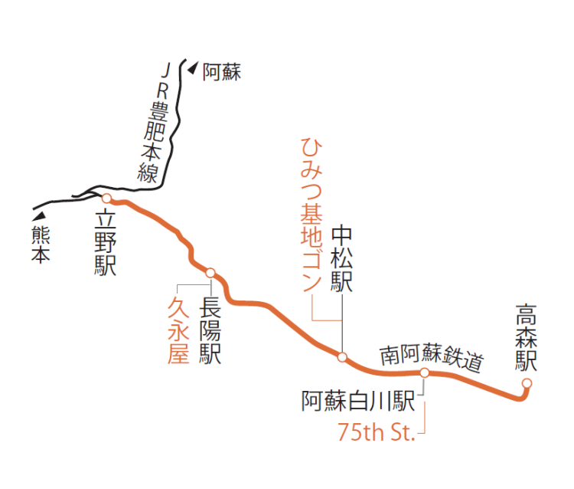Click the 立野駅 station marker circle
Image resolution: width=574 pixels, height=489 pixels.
[107, 197]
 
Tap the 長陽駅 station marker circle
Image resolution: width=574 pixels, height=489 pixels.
[210, 272]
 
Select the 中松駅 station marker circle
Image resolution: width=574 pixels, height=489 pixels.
[342, 356]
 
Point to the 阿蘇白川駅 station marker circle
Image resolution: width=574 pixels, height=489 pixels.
[424, 372]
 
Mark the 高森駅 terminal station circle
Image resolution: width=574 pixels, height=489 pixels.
[527, 383]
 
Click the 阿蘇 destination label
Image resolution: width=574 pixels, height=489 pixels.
[222, 74]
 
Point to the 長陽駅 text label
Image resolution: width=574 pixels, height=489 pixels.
[210, 330]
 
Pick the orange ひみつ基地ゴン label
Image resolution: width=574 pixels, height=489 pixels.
[310, 215]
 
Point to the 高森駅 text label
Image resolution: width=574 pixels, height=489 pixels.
[527, 338]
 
